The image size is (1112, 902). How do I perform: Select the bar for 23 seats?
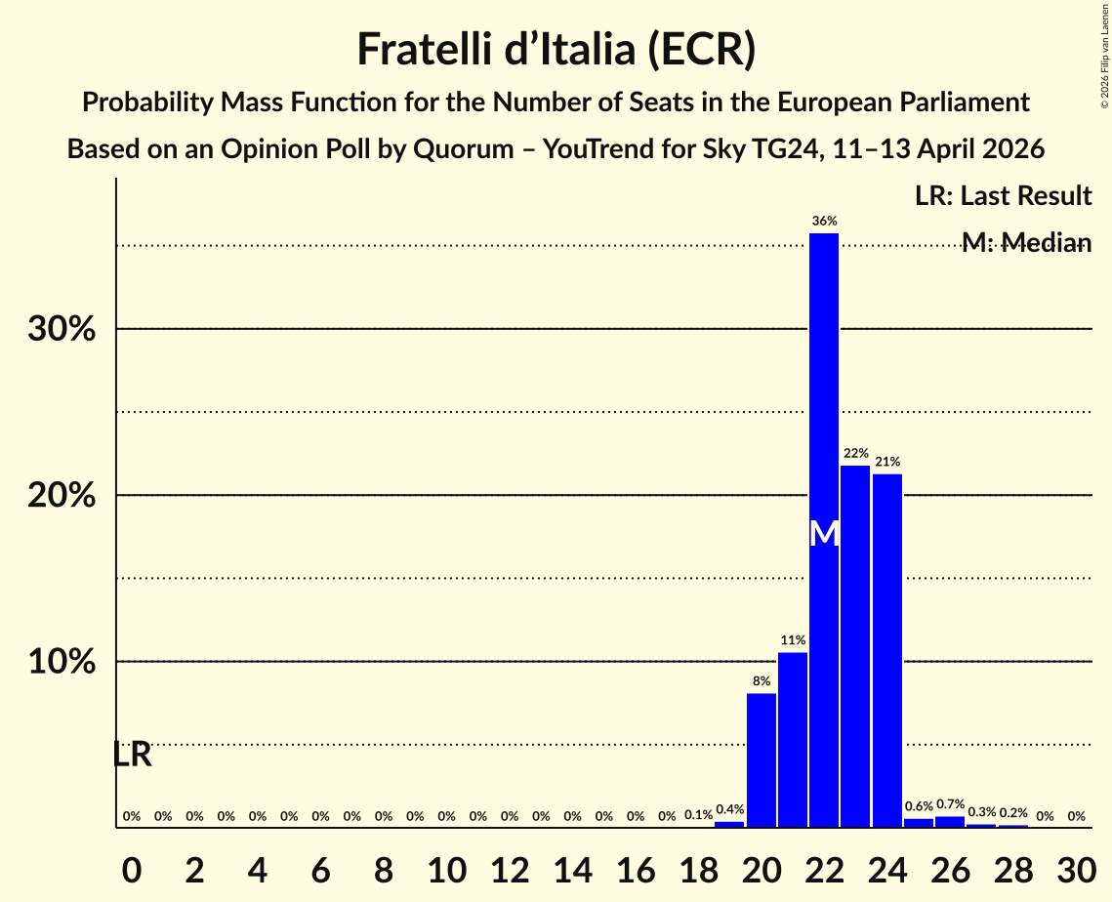(855, 646)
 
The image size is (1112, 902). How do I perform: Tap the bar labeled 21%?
(886, 650)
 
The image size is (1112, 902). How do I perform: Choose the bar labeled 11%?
(793, 739)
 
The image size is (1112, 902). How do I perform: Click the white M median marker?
(824, 534)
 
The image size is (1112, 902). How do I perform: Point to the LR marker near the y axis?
(132, 755)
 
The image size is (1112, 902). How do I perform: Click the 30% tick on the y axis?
(62, 329)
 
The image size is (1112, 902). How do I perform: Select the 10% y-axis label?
(62, 662)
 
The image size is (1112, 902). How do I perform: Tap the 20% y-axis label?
(62, 496)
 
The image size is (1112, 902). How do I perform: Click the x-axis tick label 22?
(824, 867)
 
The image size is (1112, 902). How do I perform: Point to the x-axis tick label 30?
(1076, 867)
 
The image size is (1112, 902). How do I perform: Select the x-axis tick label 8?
(384, 867)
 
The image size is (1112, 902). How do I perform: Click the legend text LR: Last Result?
(1003, 196)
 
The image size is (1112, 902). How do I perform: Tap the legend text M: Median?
(1026, 243)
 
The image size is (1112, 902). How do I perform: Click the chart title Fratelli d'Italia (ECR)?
(556, 49)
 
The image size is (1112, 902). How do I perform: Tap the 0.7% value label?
(950, 804)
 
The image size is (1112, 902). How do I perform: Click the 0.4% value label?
(729, 809)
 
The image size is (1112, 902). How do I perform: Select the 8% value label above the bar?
(762, 680)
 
